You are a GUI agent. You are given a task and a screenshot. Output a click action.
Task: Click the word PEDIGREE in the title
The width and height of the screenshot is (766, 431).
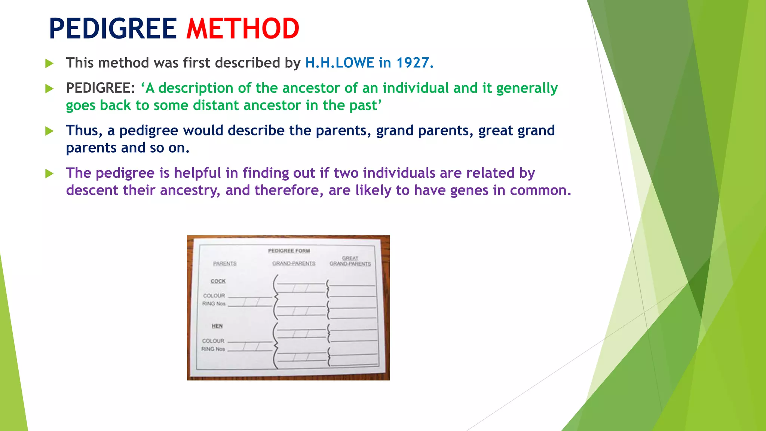[113, 29]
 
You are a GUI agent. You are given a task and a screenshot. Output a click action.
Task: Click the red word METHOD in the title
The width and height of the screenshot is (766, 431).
[243, 29]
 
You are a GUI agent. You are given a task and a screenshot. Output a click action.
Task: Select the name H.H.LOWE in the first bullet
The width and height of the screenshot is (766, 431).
[340, 63]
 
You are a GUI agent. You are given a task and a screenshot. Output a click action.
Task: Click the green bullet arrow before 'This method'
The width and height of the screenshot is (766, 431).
[49, 64]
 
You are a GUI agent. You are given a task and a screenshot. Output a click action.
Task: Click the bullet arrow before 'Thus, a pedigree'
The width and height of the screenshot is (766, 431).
[49, 131]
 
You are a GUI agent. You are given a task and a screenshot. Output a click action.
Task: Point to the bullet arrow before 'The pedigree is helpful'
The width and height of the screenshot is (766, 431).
[49, 174]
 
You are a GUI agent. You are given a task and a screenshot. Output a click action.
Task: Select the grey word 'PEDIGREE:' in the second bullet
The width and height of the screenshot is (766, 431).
[100, 88]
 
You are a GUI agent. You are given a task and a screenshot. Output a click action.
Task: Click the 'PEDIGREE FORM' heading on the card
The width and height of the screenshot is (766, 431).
[289, 251]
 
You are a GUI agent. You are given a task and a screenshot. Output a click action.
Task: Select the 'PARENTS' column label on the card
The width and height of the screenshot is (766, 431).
[225, 264]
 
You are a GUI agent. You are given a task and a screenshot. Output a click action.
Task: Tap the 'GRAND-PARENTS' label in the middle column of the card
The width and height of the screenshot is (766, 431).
[294, 264]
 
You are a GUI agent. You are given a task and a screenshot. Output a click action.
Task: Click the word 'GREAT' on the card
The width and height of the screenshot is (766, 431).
[350, 258]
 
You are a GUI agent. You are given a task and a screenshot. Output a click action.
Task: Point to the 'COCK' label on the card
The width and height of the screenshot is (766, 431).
[218, 281]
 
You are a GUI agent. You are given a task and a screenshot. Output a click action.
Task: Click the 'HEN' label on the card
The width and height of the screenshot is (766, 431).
[217, 326]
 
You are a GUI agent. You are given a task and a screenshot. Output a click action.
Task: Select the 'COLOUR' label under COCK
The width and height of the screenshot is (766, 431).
[214, 296]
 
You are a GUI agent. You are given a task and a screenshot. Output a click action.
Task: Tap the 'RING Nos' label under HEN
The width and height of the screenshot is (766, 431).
[213, 349]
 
